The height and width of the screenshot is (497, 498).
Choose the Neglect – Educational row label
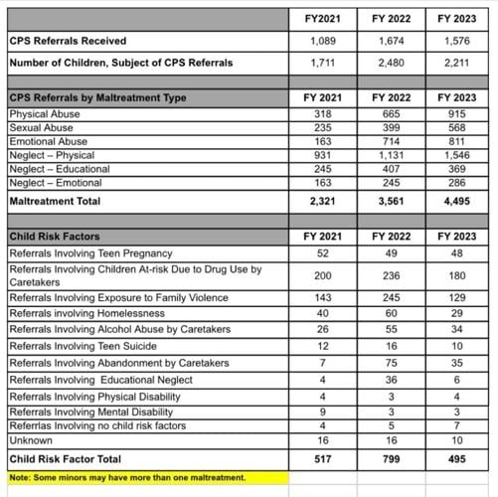[x=59, y=170]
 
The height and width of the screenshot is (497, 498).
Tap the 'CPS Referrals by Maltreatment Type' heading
[x=96, y=98]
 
